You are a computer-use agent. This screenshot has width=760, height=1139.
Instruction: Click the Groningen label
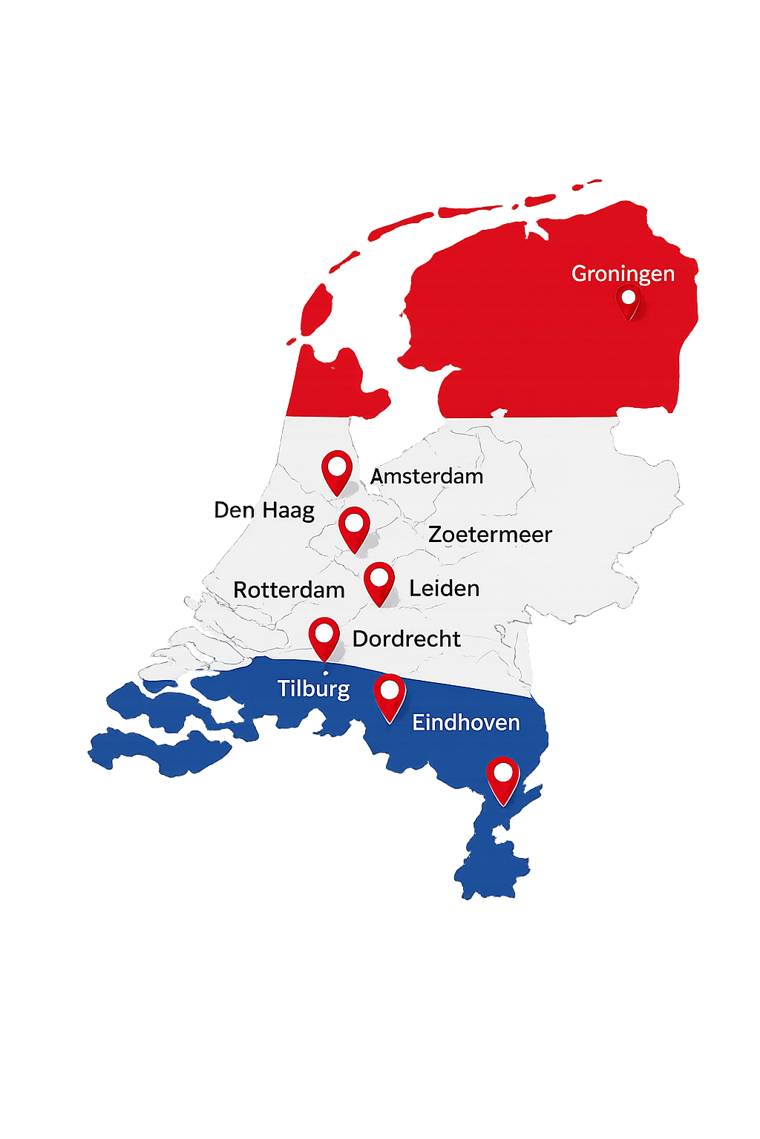[x=623, y=274]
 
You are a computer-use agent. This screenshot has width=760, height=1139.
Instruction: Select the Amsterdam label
[x=427, y=476]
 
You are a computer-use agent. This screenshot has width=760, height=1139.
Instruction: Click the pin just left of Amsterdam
[x=337, y=471]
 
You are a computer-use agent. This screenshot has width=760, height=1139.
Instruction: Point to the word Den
[x=234, y=510]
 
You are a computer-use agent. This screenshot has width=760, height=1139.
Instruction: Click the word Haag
[x=288, y=511]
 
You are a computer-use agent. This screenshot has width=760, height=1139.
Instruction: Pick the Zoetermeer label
[x=490, y=534]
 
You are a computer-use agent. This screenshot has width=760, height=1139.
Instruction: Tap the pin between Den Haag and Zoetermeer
[x=354, y=527]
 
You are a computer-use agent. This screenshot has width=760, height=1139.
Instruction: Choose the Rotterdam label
[x=289, y=590]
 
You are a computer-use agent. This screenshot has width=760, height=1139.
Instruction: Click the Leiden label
[x=444, y=588]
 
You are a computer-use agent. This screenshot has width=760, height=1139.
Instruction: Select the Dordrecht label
[x=406, y=638]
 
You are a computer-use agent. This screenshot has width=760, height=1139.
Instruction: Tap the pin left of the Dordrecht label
[x=324, y=637]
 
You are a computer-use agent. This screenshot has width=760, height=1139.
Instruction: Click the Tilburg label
[x=313, y=689]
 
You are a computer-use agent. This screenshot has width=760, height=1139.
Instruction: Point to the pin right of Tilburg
[x=390, y=696]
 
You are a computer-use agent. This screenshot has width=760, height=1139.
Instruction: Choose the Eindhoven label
[x=466, y=722]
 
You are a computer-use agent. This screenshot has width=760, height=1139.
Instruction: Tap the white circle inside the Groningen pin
[x=629, y=297]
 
